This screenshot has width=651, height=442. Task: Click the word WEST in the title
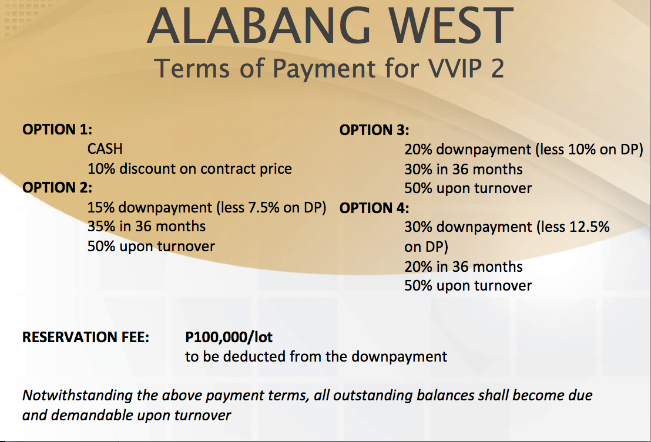pos(451,26)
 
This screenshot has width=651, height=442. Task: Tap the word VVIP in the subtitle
pos(455,69)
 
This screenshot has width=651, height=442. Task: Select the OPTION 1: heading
pos(58,129)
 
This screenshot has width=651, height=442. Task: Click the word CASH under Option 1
pos(105,149)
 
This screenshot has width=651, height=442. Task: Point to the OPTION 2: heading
pos(58,187)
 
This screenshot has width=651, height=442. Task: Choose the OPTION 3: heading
pos(374,130)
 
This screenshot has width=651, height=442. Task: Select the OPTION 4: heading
pos(374,208)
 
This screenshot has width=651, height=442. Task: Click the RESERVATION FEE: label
pos(86,337)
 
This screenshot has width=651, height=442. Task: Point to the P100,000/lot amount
pos(229,337)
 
